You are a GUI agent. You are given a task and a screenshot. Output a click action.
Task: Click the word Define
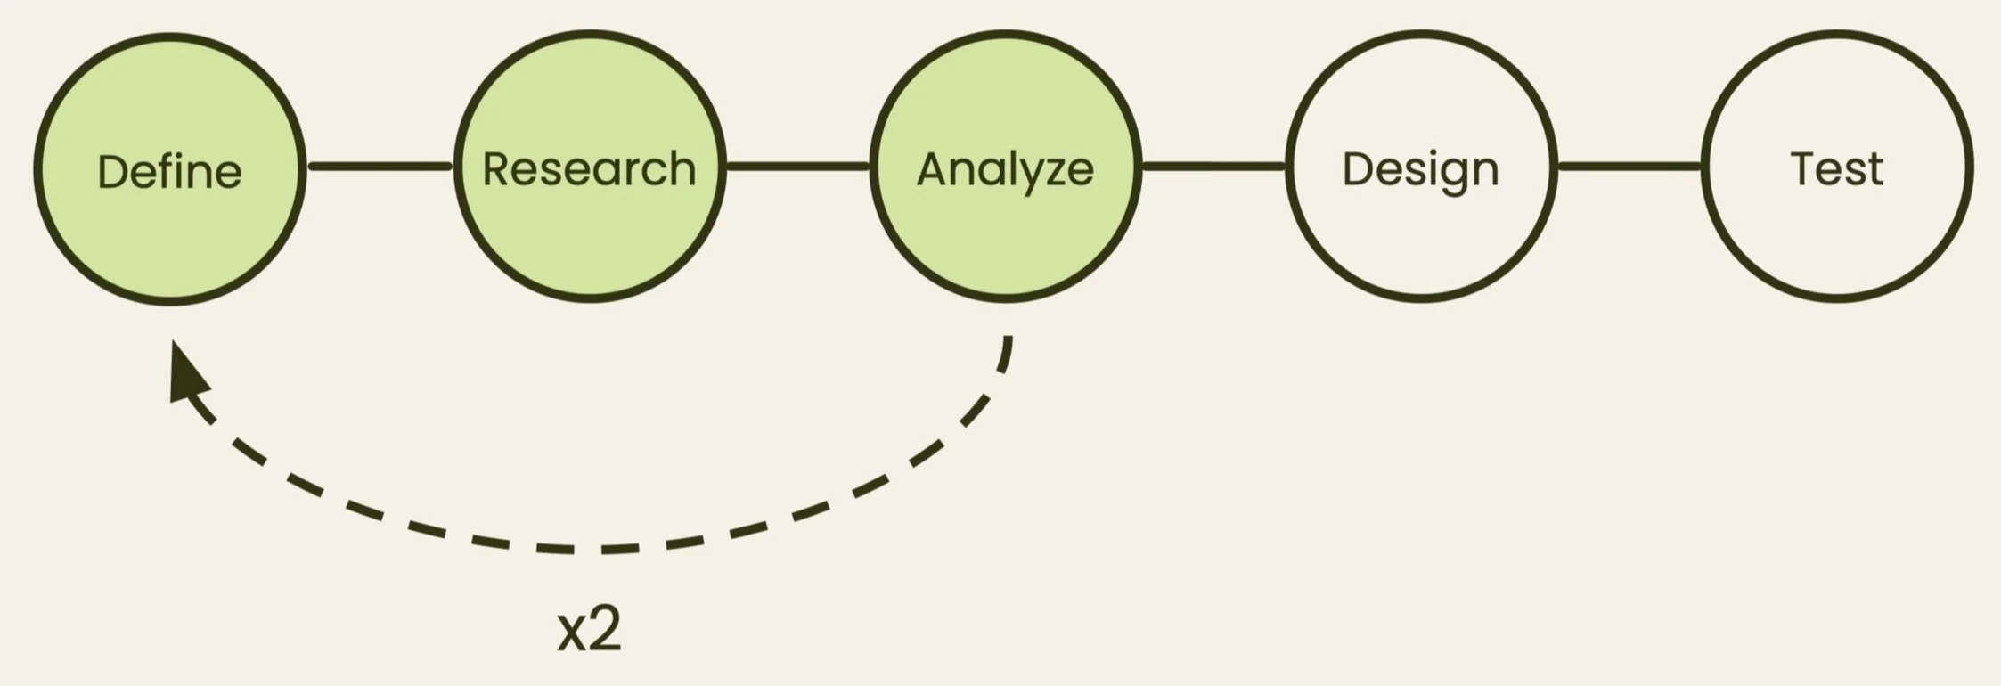(169, 171)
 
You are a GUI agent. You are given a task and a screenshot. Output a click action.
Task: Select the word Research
(589, 168)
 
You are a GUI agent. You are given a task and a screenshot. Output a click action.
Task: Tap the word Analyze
(1005, 168)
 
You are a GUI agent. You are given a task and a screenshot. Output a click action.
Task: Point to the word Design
(1420, 168)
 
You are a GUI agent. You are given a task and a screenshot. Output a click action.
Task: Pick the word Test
(1837, 168)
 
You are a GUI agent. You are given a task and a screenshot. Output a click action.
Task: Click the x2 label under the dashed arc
(589, 630)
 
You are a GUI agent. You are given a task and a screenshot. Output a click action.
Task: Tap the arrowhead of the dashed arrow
(186, 374)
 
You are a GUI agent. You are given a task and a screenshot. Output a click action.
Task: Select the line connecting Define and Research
(380, 167)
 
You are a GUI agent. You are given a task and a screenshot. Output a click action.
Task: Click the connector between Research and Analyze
(797, 167)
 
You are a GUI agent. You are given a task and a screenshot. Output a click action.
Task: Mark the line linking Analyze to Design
(1213, 167)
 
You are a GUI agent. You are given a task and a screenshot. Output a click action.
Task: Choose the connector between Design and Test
(1629, 167)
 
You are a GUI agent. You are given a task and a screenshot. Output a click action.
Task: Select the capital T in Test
(1805, 168)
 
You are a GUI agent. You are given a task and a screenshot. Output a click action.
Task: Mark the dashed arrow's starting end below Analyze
(1008, 342)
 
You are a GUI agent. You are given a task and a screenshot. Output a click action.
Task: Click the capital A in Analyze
(932, 168)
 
